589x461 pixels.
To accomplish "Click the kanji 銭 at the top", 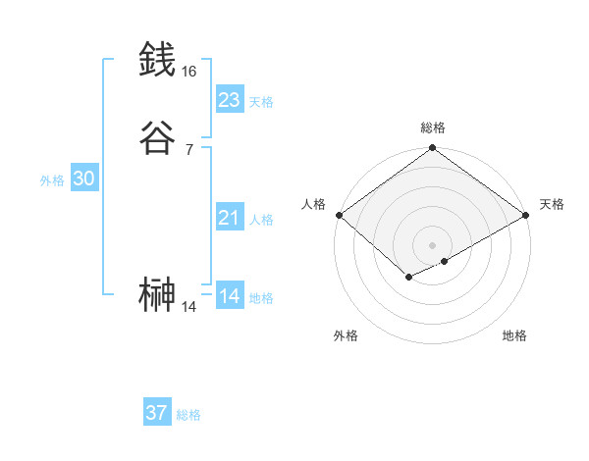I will (x=157, y=59).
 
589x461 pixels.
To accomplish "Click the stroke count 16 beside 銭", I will (x=189, y=72).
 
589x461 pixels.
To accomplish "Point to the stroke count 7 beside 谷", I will (x=189, y=150).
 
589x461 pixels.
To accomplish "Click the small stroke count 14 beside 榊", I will (x=189, y=307).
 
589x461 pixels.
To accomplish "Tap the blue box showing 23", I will (x=230, y=100).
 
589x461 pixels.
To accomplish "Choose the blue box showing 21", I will (x=230, y=218).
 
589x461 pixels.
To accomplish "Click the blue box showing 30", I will (x=83, y=179).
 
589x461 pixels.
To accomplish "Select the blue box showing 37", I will (x=157, y=413).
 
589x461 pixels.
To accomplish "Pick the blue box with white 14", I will (x=230, y=296).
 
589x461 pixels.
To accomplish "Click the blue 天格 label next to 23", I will (x=261, y=102).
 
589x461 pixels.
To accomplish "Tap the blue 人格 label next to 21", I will (x=261, y=220).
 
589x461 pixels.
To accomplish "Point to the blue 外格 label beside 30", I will (x=52, y=180).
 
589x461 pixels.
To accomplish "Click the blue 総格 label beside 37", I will (x=188, y=415).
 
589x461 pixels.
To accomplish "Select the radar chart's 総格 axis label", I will (x=433, y=128).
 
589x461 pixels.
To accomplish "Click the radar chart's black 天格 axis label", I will (x=552, y=204).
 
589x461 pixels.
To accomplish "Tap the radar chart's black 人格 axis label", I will (x=313, y=204).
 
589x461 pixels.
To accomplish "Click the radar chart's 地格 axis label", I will (x=514, y=336).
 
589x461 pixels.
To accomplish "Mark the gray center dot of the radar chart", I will (x=433, y=244).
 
